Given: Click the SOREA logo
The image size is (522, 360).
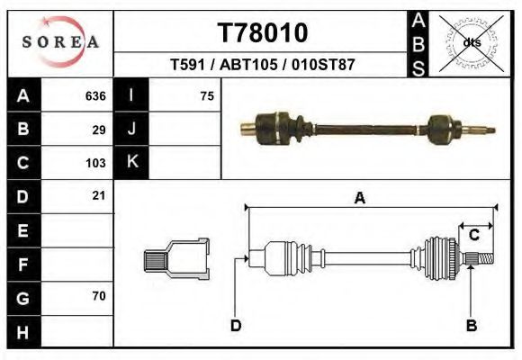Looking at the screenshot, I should pyautogui.click(x=59, y=41).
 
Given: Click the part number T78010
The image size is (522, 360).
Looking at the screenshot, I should pyautogui.click(x=263, y=32).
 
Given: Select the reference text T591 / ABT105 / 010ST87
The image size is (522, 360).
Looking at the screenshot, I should pyautogui.click(x=262, y=65).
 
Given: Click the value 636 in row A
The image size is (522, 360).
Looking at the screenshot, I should pyautogui.click(x=95, y=96).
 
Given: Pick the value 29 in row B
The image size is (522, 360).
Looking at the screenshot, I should pyautogui.click(x=99, y=130).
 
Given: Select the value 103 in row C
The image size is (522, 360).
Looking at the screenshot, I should pyautogui.click(x=95, y=163).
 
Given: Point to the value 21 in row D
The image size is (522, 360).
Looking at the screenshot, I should pyautogui.click(x=99, y=195).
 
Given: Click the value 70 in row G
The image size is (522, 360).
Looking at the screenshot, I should pyautogui.click(x=99, y=295).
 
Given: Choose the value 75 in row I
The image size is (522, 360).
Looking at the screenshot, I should pyautogui.click(x=206, y=96).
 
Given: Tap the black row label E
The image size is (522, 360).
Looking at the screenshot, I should pyautogui.click(x=22, y=230).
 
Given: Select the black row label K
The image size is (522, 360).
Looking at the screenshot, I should pyautogui.click(x=131, y=163).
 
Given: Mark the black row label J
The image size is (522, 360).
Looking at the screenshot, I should pyautogui.click(x=131, y=130).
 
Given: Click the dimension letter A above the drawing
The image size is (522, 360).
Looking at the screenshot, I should pyautogui.click(x=360, y=200).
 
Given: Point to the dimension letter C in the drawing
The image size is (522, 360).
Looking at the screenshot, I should pyautogui.click(x=473, y=236).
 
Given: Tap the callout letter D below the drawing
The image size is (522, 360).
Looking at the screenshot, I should pyautogui.click(x=236, y=325).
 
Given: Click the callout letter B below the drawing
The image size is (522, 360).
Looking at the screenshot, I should pyautogui.click(x=471, y=325).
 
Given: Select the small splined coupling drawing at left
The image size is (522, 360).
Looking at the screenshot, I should pyautogui.click(x=176, y=258).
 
